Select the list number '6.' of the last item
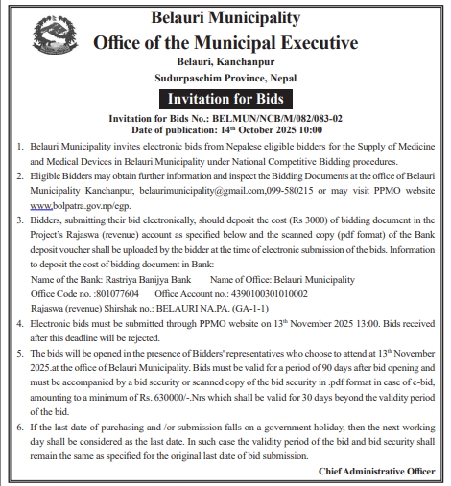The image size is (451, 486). tap(21, 426)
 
